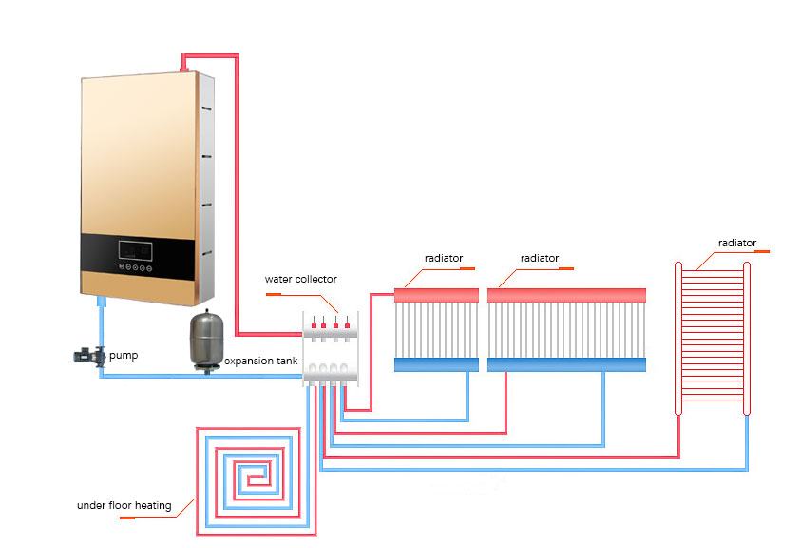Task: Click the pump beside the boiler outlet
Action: click(91, 356)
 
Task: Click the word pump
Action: click(124, 356)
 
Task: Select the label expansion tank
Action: click(259, 362)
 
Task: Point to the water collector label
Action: click(300, 279)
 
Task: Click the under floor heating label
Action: click(124, 505)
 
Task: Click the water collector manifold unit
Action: click(331, 348)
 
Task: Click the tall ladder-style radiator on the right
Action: click(712, 337)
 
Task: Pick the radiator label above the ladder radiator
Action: click(737, 243)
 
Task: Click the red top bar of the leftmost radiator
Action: click(436, 296)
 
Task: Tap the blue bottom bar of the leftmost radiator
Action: click(436, 364)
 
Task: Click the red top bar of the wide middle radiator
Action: click(566, 296)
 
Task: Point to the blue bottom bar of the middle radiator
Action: click(566, 364)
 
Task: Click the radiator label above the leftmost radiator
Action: click(443, 258)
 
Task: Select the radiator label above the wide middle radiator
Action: click(540, 258)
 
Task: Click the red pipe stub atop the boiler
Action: click(182, 64)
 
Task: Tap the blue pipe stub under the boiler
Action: click(101, 303)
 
